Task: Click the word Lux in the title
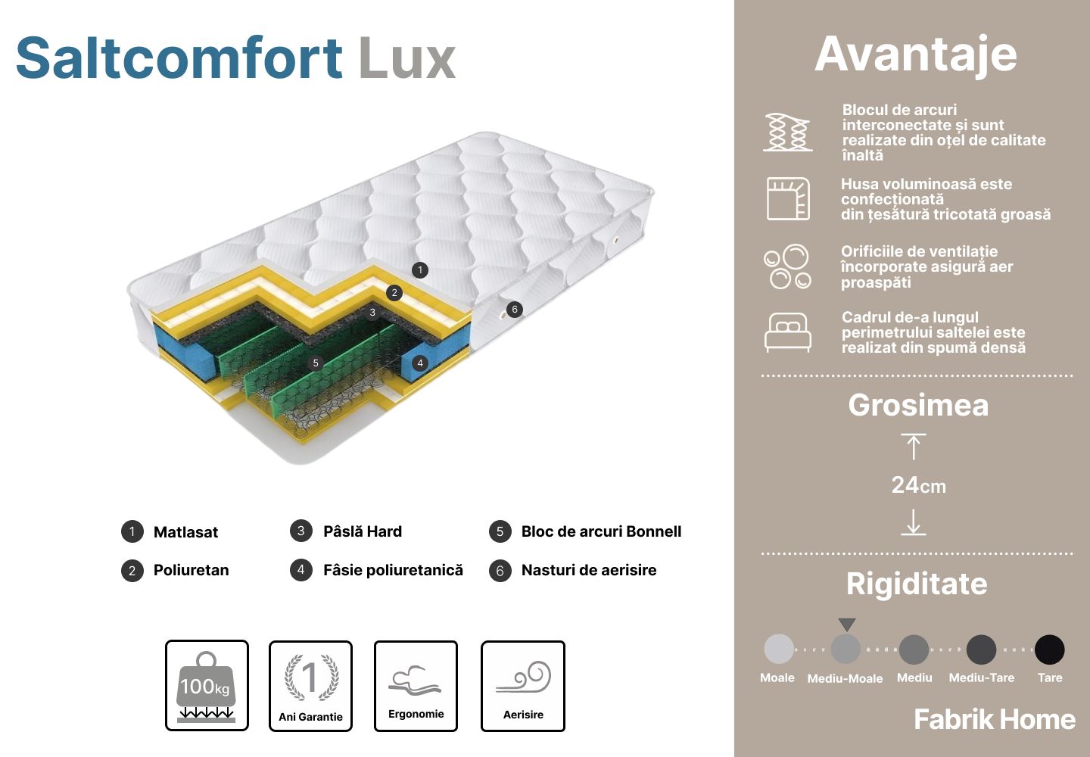coord(407,58)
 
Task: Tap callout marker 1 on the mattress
coord(420,270)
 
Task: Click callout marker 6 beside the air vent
coord(515,310)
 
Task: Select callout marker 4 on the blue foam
coord(420,363)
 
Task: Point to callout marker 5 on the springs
coord(316,363)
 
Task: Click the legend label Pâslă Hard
coord(363,531)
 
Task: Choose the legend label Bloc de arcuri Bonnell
coord(601,531)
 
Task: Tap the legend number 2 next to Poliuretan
coord(132,571)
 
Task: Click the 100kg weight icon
coord(207,686)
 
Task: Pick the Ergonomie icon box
coord(416,686)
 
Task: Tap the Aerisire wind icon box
coord(523,686)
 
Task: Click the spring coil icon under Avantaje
coord(788,132)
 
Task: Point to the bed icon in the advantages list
coord(788,332)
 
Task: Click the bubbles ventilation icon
coord(787,266)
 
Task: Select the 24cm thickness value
coord(918,485)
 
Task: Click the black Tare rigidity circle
coord(1050,650)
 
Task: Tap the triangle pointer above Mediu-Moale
coord(847,625)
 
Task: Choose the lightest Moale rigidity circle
coord(779,649)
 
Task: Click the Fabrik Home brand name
coord(995,719)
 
